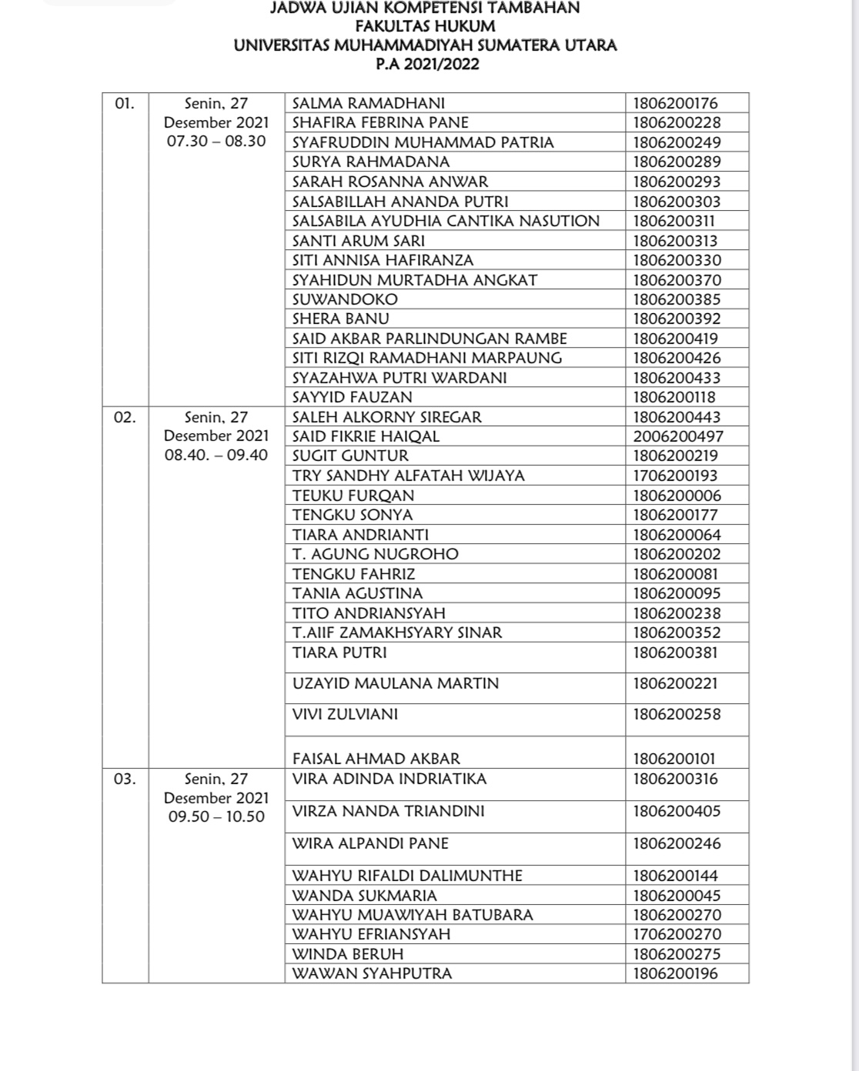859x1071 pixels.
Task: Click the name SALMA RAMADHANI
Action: [x=369, y=103]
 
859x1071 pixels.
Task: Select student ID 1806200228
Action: [x=675, y=122]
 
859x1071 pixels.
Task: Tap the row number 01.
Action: [x=125, y=103]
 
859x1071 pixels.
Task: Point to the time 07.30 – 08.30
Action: [x=216, y=142]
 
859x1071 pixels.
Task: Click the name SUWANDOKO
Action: [x=345, y=299]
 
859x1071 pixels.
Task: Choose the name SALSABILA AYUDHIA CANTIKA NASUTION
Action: [x=446, y=221]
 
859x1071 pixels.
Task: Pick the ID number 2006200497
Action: [x=678, y=436]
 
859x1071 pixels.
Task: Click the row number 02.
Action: [x=125, y=417]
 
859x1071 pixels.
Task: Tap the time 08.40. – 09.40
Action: [x=216, y=455]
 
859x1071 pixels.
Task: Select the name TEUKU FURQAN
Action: [x=353, y=495]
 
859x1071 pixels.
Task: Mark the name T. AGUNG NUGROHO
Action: [x=376, y=554]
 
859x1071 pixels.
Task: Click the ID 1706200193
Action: [x=675, y=475]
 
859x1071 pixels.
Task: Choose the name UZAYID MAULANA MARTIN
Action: [x=396, y=683]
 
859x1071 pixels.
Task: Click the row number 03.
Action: [x=125, y=779]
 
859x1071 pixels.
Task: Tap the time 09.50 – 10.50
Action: [x=216, y=816]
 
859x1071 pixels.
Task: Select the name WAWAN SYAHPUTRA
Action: [x=373, y=973]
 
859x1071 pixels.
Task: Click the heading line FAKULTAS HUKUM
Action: [x=425, y=26]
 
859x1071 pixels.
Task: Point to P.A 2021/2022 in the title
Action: [x=427, y=64]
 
